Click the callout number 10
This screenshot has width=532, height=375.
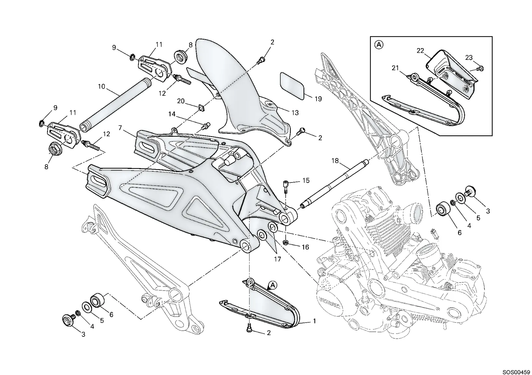point(101,86)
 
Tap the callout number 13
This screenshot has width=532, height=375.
point(295,113)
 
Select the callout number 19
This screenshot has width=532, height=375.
point(318,99)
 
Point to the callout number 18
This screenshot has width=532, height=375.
point(335,161)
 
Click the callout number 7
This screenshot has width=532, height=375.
point(120,128)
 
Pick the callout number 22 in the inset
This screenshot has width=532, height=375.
point(420,51)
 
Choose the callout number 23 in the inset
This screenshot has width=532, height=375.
point(469,58)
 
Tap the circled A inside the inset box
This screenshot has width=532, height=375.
point(379,45)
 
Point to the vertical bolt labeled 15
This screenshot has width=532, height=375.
point(286,187)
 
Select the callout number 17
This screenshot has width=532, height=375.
point(277,259)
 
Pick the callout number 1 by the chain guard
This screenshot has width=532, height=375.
point(315,321)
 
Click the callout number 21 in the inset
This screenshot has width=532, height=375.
point(395,68)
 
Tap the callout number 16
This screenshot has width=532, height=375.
point(305,247)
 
